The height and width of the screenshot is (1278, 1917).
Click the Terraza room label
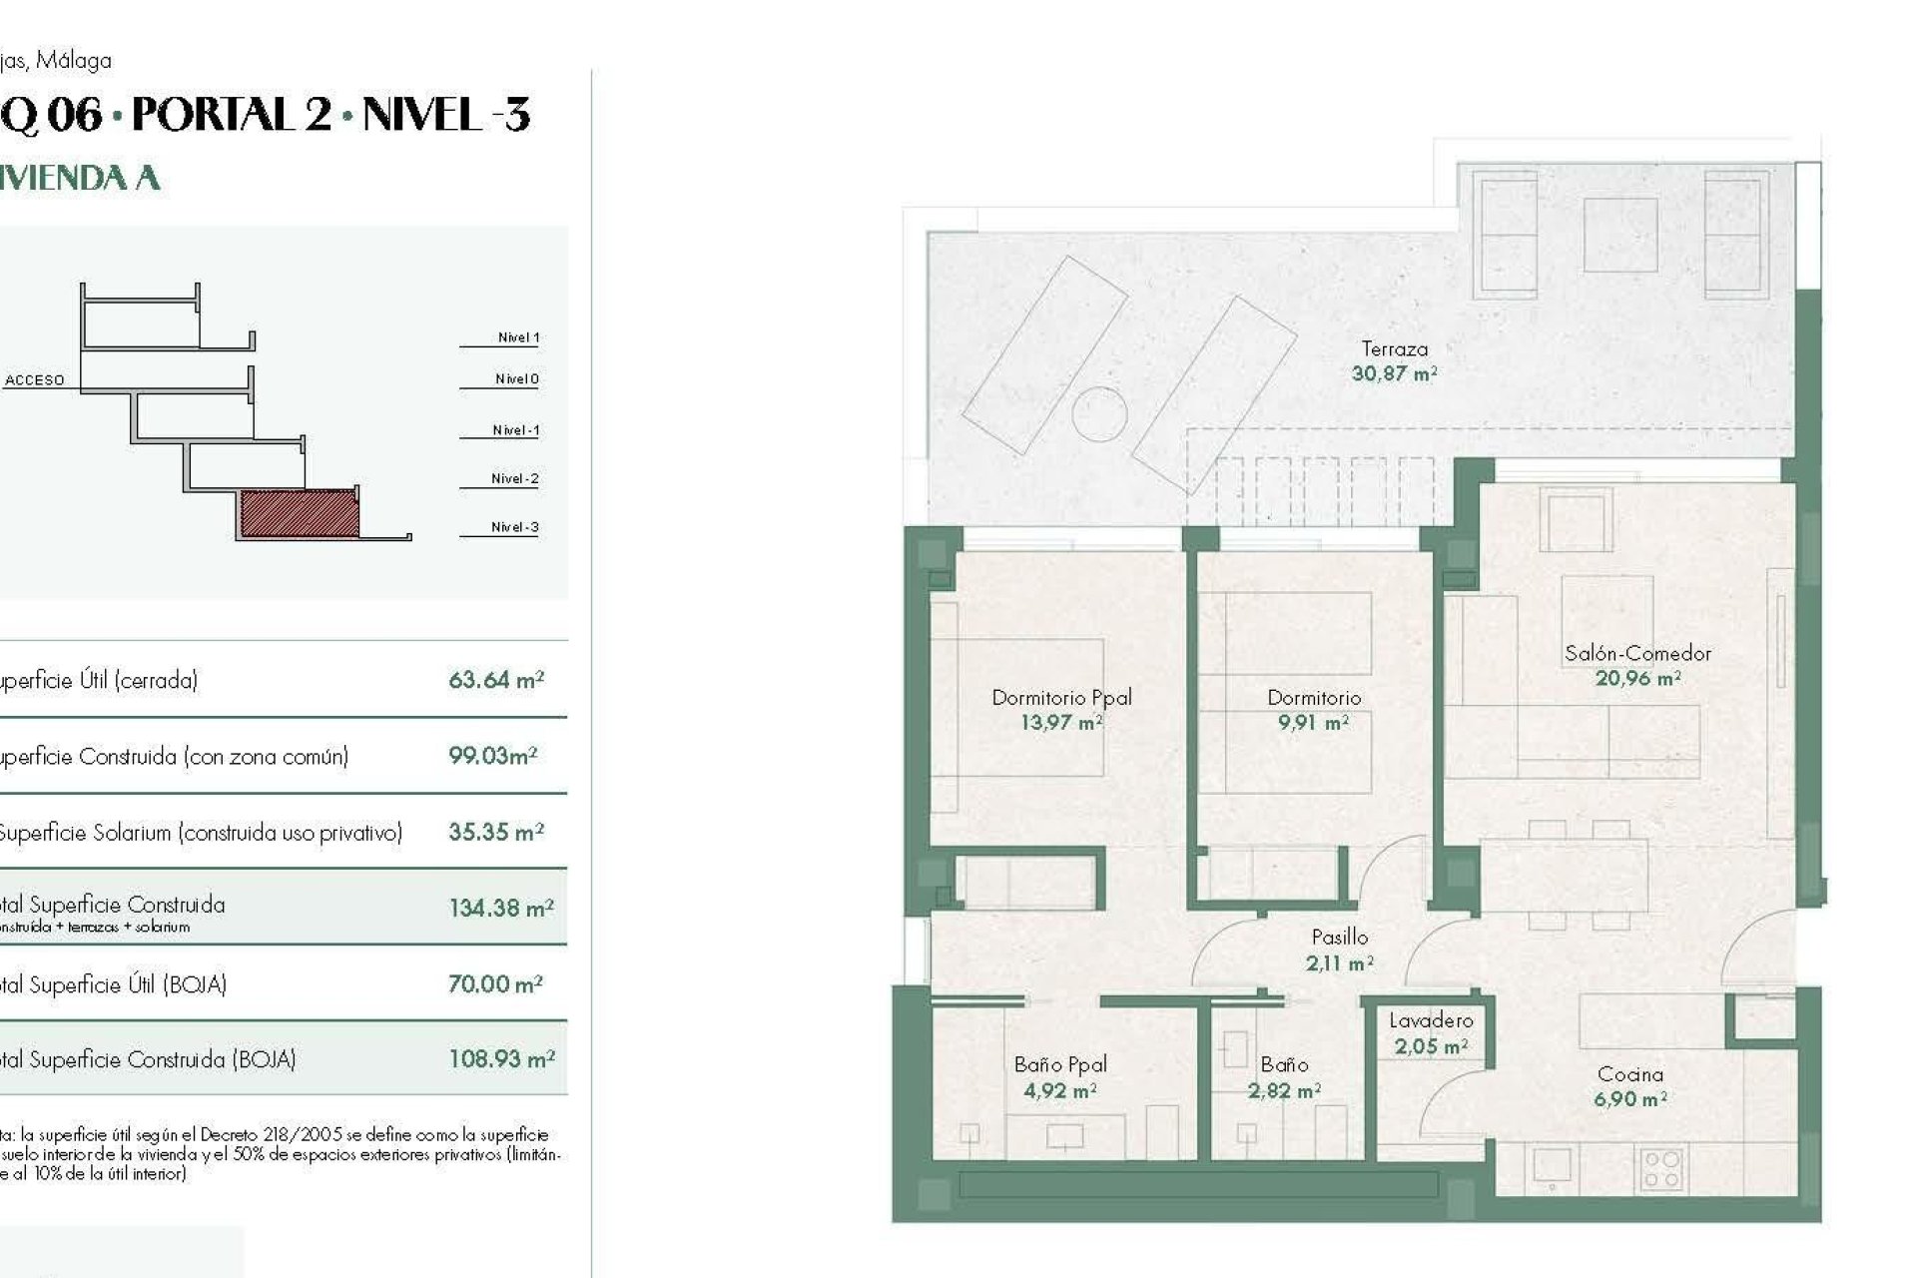pos(1394,349)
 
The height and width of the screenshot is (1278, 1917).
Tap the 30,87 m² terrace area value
pos(1394,374)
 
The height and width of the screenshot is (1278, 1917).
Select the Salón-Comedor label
pos(1637,654)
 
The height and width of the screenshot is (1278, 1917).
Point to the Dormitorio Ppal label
pos(1061,698)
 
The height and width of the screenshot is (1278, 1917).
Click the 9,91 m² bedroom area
pos(1313,723)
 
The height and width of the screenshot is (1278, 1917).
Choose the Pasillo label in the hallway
pos(1339,938)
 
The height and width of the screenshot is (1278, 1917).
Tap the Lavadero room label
pos(1431,1020)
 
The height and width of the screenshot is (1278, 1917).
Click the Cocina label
pos(1629,1074)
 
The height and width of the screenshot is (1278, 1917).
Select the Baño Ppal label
pos(1059,1065)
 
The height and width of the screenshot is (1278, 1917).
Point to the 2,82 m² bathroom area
pos(1284,1091)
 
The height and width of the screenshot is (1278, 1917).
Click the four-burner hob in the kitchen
pos(1661,1169)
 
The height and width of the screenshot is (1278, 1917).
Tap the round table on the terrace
pos(1099,413)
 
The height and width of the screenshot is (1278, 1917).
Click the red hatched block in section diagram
pos(299,513)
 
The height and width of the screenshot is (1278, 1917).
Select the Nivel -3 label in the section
pos(514,527)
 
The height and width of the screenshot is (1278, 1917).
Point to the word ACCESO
pos(35,380)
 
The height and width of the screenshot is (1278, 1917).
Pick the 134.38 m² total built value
pos(500,909)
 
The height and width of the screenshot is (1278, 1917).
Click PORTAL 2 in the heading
pos(232,115)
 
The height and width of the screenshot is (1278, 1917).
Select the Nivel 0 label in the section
pos(516,379)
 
